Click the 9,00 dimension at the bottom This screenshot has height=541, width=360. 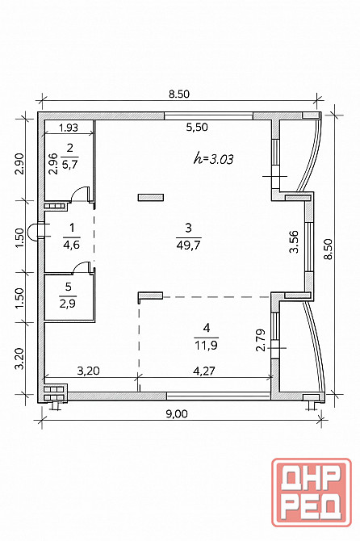coord(177,413)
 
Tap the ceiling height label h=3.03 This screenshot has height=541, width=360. coord(213,159)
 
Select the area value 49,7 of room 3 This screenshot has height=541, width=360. coord(189,245)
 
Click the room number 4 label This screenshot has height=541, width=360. coord(207,328)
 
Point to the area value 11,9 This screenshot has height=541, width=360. coord(206,345)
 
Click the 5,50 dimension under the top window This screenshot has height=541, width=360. coord(197,127)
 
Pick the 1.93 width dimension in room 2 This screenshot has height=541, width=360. coord(69,128)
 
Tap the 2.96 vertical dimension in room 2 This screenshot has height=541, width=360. coord(52,164)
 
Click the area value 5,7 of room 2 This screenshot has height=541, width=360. coord(69,164)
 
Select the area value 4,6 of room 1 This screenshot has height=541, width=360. coord(71,245)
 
